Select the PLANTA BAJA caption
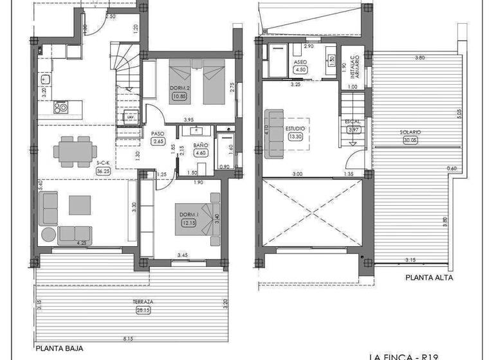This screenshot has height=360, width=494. (59, 349)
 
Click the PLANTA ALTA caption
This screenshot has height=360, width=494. (429, 278)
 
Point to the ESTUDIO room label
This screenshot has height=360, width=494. (296, 128)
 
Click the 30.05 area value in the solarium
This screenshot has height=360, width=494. (410, 139)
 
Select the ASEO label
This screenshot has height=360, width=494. (300, 62)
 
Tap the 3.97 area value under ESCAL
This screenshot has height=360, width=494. (353, 129)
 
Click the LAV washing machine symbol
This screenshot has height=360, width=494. (131, 117)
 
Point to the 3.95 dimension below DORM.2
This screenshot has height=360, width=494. (188, 120)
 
